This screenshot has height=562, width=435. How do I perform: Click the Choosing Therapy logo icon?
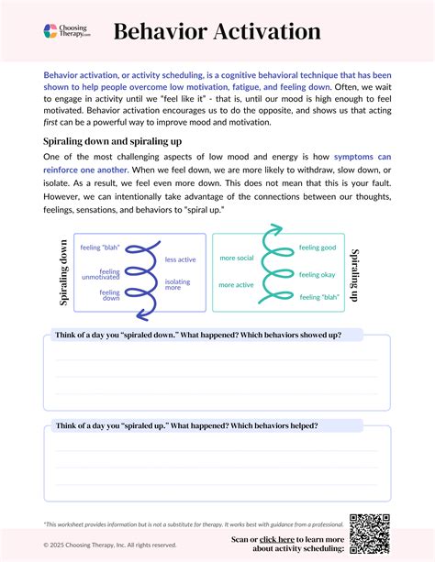[x=51, y=32]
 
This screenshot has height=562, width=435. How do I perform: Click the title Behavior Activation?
[x=217, y=32]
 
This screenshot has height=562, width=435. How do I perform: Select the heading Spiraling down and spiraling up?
[x=113, y=142]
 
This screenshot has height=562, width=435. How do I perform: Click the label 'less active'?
[x=180, y=259]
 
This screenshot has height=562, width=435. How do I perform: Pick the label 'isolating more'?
[x=178, y=284]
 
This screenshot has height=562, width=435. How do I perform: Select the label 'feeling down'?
[x=110, y=295]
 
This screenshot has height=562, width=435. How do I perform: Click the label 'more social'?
[x=236, y=258]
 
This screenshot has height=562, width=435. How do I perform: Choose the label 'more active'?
[x=236, y=284]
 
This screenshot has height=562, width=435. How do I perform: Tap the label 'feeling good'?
[x=318, y=248]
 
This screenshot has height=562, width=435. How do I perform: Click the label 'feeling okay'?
[x=318, y=273]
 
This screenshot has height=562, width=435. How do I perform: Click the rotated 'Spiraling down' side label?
[x=63, y=272]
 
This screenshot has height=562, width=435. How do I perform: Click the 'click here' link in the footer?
[x=279, y=540]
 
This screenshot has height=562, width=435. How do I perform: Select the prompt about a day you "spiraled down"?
[x=198, y=335]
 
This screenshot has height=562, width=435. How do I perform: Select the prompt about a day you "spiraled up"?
[x=187, y=425]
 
